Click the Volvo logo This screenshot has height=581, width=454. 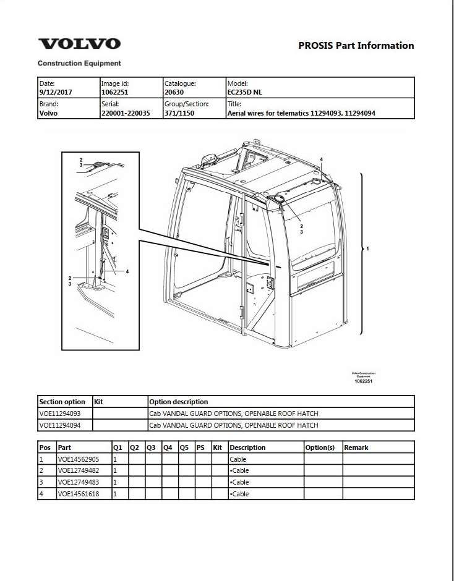(x=79, y=44)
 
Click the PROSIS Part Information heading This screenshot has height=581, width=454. (x=356, y=46)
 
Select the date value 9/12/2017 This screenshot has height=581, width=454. (x=56, y=92)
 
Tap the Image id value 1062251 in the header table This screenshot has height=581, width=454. (x=114, y=92)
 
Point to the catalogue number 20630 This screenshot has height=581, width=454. (x=174, y=92)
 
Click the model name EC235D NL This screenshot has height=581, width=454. (x=245, y=92)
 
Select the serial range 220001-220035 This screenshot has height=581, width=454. (x=126, y=113)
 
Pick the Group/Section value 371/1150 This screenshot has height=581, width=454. (x=179, y=113)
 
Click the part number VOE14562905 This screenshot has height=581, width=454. (x=79, y=459)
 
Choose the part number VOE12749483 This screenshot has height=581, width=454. (x=79, y=482)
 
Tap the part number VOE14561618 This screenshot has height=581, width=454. (x=79, y=494)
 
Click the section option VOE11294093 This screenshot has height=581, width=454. (x=60, y=413)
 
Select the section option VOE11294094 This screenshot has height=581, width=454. (x=60, y=425)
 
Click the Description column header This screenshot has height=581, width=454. (x=247, y=447)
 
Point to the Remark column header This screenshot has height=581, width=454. (x=356, y=447)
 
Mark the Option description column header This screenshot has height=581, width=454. (x=178, y=402)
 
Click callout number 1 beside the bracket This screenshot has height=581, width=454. (x=367, y=248)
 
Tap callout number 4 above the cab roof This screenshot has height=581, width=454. (x=322, y=159)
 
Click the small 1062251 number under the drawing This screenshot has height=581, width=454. (x=364, y=381)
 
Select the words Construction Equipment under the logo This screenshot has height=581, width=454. (x=79, y=64)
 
